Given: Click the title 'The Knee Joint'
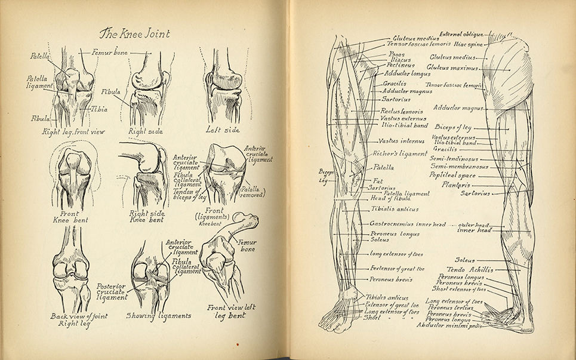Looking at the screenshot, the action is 135,33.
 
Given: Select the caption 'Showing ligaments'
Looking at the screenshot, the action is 158,315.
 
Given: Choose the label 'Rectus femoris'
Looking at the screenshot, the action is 401,111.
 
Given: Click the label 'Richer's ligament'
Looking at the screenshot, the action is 400,153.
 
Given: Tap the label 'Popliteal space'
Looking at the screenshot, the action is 452,176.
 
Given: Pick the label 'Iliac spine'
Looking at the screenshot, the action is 469,44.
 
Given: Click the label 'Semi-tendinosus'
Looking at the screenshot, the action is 454,158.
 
